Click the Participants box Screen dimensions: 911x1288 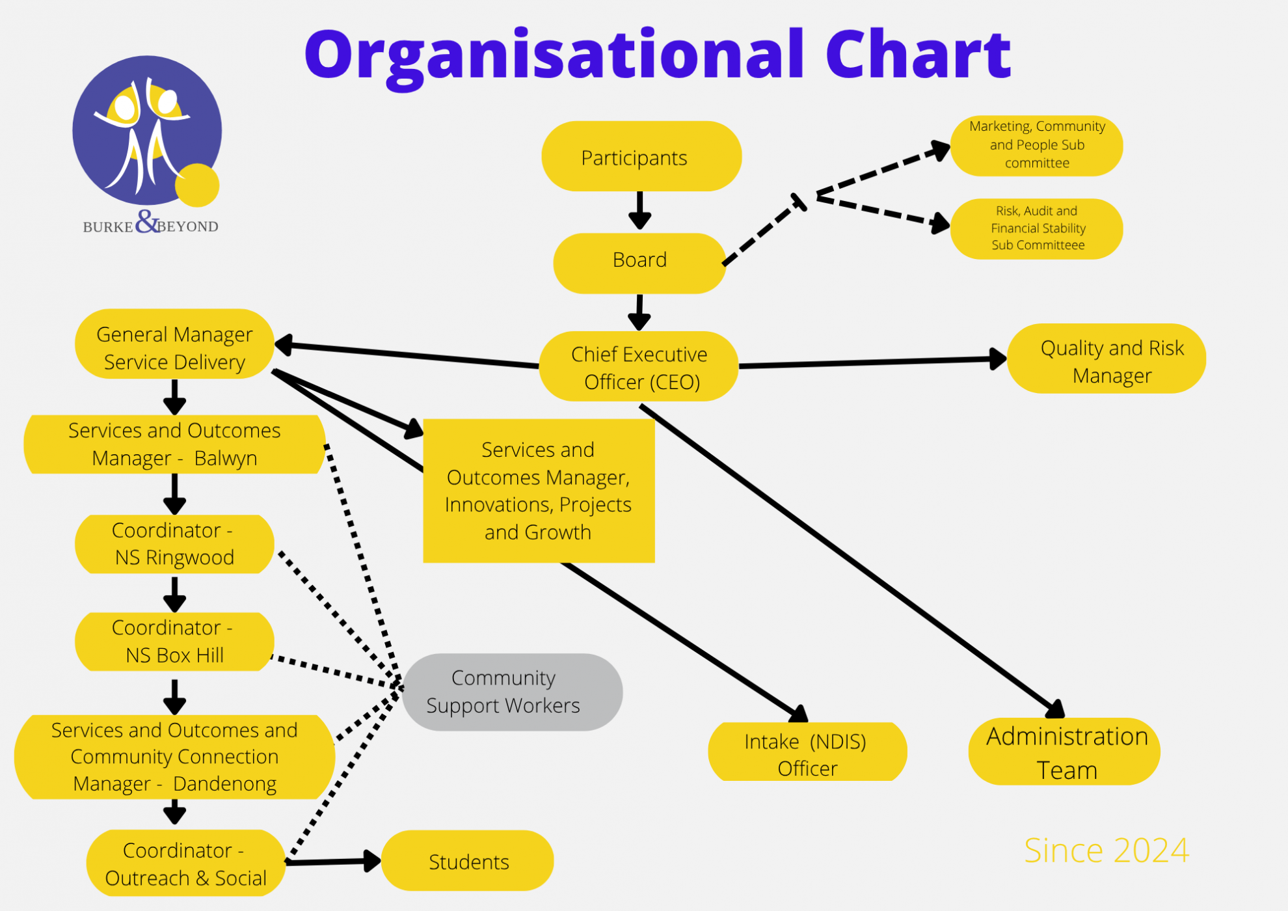(x=641, y=156)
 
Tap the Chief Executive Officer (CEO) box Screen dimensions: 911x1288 (x=639, y=367)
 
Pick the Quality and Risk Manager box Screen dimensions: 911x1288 (x=1106, y=359)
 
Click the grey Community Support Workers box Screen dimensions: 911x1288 (x=512, y=692)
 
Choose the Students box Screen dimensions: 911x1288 (x=468, y=861)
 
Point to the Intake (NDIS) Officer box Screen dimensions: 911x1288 (x=807, y=753)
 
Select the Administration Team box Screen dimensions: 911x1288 (x=1064, y=752)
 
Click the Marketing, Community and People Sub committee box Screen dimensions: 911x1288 (x=1036, y=145)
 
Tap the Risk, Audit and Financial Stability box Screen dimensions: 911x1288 (x=1036, y=228)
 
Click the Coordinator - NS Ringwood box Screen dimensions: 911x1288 (x=174, y=544)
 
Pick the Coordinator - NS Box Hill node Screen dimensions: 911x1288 (x=174, y=642)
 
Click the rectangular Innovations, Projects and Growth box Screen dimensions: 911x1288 (x=539, y=491)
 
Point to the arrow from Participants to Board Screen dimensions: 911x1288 (x=640, y=210)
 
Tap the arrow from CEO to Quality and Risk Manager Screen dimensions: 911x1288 (x=872, y=362)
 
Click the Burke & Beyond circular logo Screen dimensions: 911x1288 (x=148, y=130)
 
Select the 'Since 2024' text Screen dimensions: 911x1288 (x=1106, y=850)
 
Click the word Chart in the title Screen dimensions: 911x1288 (x=918, y=55)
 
